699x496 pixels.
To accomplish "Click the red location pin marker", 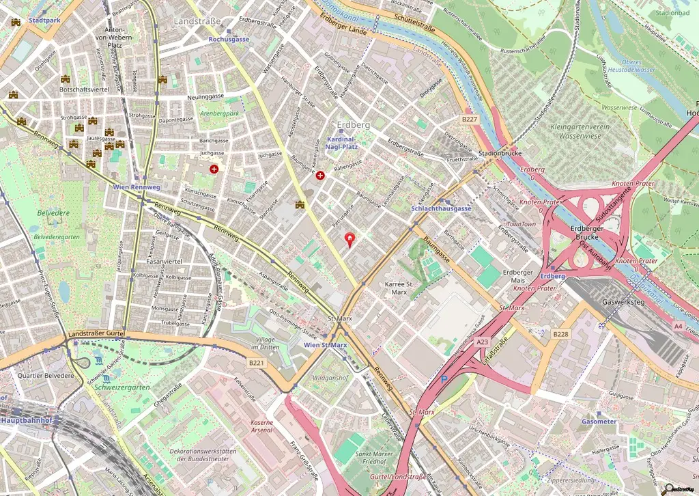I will (351, 239).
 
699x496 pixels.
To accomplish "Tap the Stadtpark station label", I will (45, 20).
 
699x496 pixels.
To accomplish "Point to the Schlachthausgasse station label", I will (442, 208).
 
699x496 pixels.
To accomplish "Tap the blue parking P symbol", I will (444, 379).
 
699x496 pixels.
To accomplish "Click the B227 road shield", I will (468, 119).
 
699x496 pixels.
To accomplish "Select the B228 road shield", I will (560, 333).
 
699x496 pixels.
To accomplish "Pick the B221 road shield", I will (256, 362).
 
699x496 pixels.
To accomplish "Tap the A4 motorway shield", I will (678, 327).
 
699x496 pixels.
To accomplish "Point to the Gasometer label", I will (599, 422).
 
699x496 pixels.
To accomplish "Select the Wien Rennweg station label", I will (137, 187).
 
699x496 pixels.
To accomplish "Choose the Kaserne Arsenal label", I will (262, 427).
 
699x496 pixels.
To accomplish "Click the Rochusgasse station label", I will (229, 40).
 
